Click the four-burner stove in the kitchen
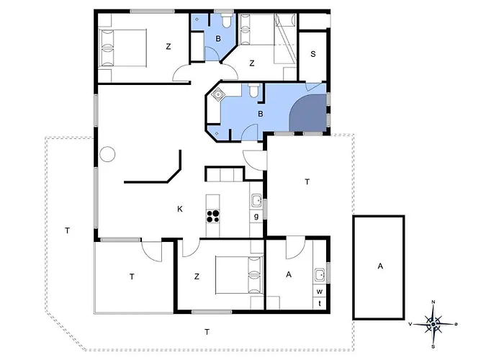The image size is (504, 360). pyautogui.click(x=213, y=216)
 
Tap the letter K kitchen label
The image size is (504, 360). pyautogui.click(x=180, y=210)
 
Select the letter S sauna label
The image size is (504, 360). pyautogui.click(x=313, y=54)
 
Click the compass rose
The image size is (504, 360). pyautogui.click(x=433, y=324)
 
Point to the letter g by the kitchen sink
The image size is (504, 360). pyautogui.click(x=256, y=216)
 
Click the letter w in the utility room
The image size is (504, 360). pyautogui.click(x=320, y=292)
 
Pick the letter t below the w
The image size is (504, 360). pyautogui.click(x=320, y=303)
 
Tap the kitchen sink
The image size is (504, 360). pyautogui.click(x=256, y=201)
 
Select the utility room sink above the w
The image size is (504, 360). pyautogui.click(x=320, y=275)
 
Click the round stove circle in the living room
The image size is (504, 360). pyautogui.click(x=107, y=154)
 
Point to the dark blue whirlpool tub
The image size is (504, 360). pyautogui.click(x=308, y=113)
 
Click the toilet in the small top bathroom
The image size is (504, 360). pyautogui.click(x=227, y=20)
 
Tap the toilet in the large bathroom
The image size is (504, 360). pyautogui.click(x=253, y=90)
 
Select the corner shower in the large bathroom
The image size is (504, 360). pyautogui.click(x=219, y=94)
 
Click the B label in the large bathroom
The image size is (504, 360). pyautogui.click(x=261, y=114)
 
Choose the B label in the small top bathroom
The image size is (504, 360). pyautogui.click(x=218, y=39)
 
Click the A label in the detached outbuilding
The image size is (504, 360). pyautogui.click(x=380, y=266)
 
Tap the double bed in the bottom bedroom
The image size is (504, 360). pyautogui.click(x=239, y=275)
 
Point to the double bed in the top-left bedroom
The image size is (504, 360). pyautogui.click(x=122, y=48)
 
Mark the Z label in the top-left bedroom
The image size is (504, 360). pyautogui.click(x=168, y=47)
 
